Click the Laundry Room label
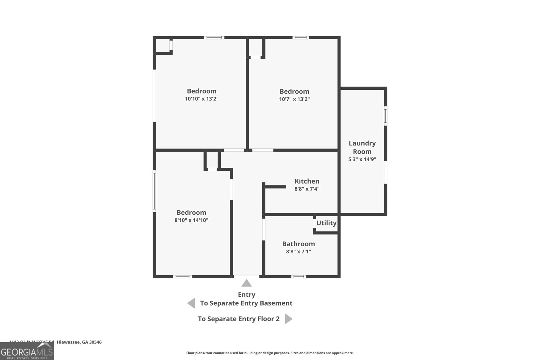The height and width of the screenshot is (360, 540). (x=362, y=147)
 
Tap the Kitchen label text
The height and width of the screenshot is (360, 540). (x=307, y=181)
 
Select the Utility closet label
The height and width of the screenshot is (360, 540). (x=326, y=223)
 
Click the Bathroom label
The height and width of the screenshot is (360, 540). (x=298, y=244)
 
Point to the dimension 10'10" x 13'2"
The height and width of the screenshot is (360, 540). (x=201, y=99)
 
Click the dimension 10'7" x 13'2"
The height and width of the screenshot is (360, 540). (x=294, y=99)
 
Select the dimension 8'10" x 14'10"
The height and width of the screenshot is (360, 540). (x=191, y=220)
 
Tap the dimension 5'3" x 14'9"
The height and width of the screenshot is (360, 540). (x=362, y=159)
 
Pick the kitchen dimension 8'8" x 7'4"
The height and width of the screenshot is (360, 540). (x=307, y=189)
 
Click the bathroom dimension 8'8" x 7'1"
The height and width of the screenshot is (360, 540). (x=298, y=252)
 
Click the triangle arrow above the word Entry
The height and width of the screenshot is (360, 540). (x=246, y=283)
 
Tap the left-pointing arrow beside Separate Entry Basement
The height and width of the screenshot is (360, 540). (x=191, y=303)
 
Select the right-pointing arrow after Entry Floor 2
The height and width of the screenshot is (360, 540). (x=288, y=319)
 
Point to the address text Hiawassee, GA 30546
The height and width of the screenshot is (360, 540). (x=79, y=342)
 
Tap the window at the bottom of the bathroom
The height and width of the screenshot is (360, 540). (x=299, y=277)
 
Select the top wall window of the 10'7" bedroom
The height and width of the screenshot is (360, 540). (x=300, y=37)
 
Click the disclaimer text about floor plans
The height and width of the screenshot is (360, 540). (x=270, y=353)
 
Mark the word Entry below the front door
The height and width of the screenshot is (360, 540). (x=246, y=295)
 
